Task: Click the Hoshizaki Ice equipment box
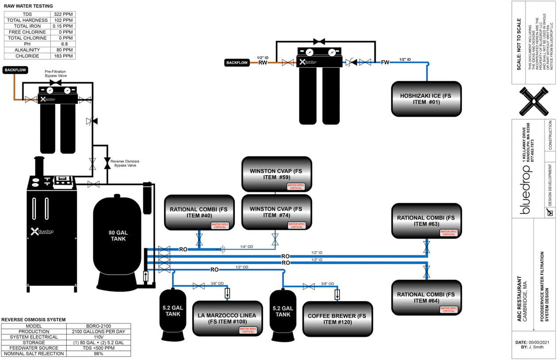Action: pos(426,99)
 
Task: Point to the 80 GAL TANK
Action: pos(118,235)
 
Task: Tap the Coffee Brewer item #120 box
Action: pos(337,319)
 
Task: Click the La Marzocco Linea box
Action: pos(227,318)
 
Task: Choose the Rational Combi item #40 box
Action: pos(199,212)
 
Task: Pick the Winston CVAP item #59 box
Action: pos(276,174)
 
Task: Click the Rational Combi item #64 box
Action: pos(426,297)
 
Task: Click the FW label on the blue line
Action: pos(385,62)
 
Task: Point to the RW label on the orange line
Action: pos(263,63)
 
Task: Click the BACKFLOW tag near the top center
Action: pos(237,63)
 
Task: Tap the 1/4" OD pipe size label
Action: pos(247,246)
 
